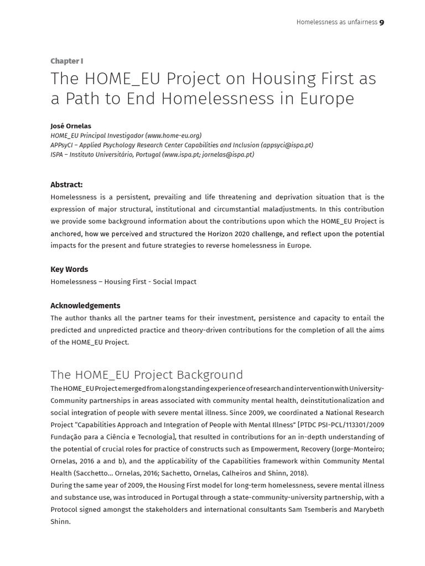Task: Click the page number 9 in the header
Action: coord(382,22)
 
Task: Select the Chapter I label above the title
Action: coord(66,61)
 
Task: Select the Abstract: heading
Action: coord(66,185)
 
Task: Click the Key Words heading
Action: coord(69,269)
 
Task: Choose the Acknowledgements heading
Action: coord(85,306)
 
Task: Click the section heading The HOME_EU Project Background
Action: coord(147,375)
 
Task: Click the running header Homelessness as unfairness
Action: coord(336,22)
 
